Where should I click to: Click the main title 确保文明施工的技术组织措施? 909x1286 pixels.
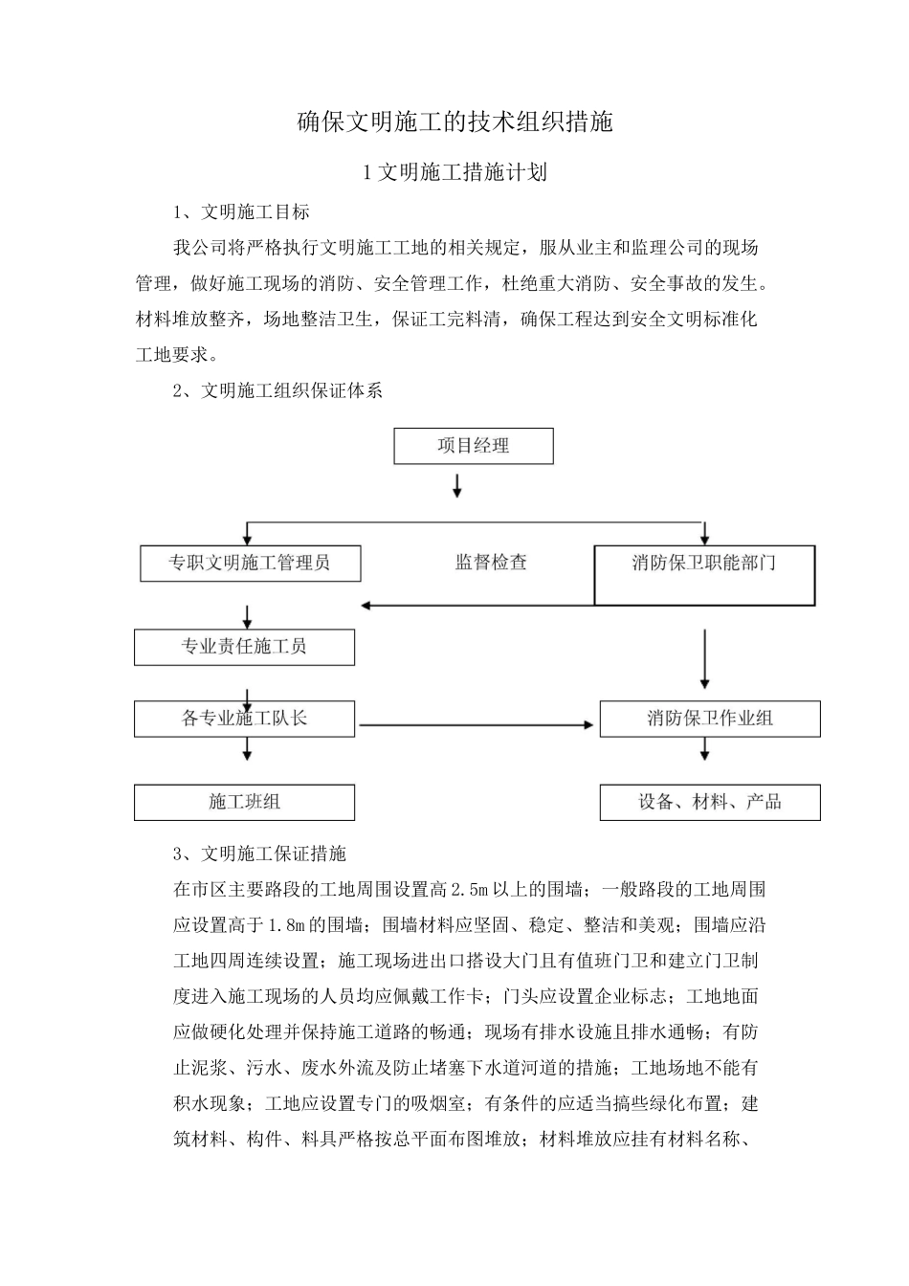point(454,122)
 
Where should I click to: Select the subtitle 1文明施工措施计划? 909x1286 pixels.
point(454,172)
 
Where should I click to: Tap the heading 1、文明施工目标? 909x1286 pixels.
point(241,211)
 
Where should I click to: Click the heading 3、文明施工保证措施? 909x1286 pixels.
point(259,854)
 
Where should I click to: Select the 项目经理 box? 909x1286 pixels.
point(474,446)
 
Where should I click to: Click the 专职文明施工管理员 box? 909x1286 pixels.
point(251,563)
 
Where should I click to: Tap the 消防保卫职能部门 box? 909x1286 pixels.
point(704,575)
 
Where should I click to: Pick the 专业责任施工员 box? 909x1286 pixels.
point(244,647)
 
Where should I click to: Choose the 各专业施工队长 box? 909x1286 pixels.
point(244,719)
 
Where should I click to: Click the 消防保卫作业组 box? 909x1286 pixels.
point(710,719)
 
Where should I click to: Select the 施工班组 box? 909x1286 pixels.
point(244,802)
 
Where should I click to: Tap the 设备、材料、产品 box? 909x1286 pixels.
point(710,802)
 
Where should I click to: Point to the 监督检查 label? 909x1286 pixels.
point(491,563)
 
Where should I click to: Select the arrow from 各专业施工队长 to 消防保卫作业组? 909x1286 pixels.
point(476,725)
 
